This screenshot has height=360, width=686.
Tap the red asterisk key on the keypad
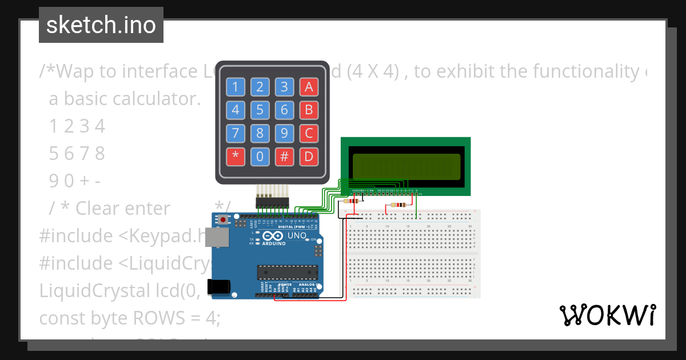tap(235, 157)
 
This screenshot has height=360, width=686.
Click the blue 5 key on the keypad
tap(260, 110)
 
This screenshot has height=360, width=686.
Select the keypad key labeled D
tap(309, 157)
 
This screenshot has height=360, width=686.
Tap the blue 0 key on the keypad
tap(260, 157)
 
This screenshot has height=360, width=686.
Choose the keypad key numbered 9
tap(284, 133)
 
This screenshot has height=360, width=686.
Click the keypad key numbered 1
tap(235, 87)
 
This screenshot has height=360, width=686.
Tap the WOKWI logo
tap(607, 315)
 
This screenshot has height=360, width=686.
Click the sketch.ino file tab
tap(101, 25)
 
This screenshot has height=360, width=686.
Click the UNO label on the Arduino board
tap(297, 235)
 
